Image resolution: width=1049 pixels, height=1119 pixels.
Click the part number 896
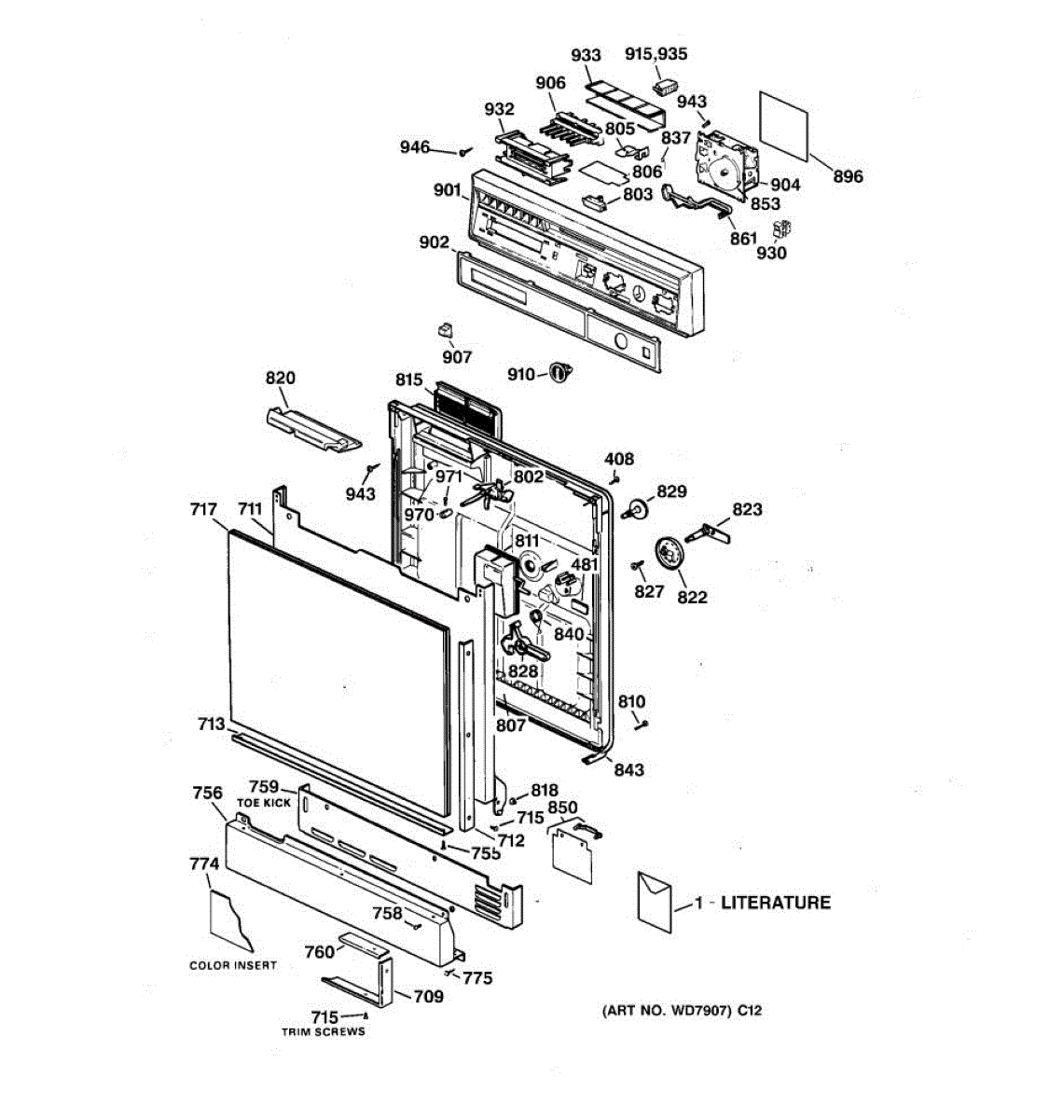pos(848,176)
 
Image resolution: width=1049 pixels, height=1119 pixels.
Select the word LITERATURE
pos(776,903)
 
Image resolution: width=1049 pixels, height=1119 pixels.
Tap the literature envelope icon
pos(655,902)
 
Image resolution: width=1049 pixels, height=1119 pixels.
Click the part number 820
pos(280,378)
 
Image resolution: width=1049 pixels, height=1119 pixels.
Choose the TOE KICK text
pos(264,803)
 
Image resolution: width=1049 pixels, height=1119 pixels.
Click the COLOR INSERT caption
pos(233,965)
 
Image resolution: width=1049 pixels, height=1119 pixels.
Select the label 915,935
pos(656,54)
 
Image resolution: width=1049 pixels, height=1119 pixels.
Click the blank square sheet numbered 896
pos(783,124)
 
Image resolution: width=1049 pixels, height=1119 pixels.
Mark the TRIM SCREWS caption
pos(324,1031)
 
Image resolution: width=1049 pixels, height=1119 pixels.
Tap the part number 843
pos(628,769)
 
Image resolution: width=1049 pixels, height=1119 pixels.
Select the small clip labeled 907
pos(446,330)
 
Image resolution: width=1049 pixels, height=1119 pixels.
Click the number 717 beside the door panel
pos(203,509)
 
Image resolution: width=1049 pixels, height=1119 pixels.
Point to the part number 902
pos(434,242)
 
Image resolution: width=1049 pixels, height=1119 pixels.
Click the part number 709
pos(428,997)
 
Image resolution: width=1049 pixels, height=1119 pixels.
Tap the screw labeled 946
pos(465,151)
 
